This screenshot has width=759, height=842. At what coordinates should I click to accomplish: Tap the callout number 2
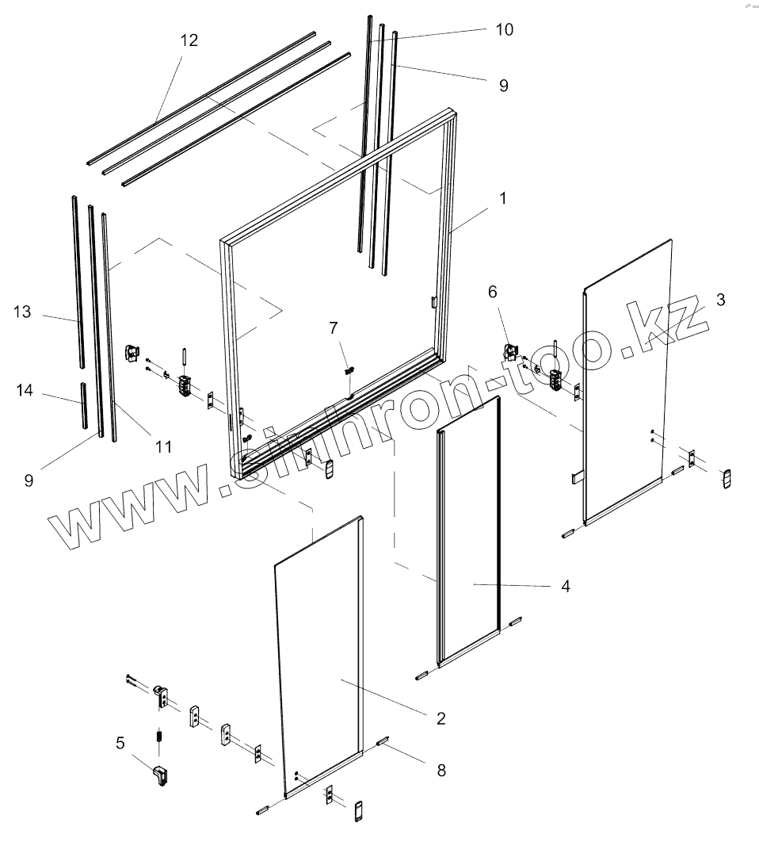point(441,718)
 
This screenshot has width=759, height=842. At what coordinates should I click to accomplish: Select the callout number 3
point(720,299)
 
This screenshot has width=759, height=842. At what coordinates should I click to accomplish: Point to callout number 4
point(565,587)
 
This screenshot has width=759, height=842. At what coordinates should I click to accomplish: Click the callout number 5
point(120,743)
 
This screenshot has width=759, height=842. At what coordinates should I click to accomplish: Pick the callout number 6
point(493,292)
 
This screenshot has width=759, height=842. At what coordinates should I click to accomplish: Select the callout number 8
point(441,769)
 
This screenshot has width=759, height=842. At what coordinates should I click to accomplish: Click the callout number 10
point(504,30)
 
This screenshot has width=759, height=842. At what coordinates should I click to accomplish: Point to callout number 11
point(163,447)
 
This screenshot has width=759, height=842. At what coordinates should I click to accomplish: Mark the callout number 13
point(22,312)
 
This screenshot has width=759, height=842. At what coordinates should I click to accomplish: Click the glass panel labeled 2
point(325,658)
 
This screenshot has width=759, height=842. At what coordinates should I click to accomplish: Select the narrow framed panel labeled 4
point(469,539)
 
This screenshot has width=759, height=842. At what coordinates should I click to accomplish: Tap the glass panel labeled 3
point(626,381)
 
